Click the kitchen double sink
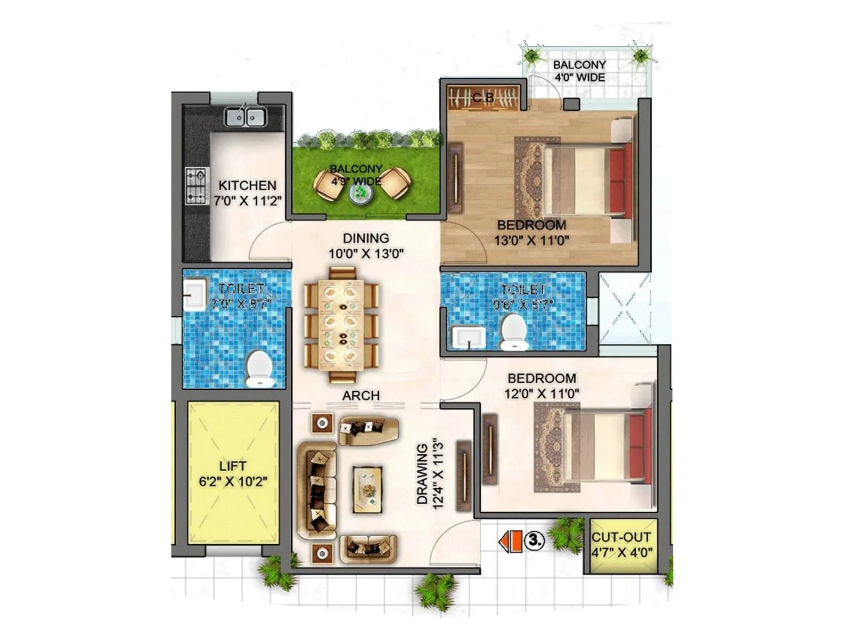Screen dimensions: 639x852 (245, 117)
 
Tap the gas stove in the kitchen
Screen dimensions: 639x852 (195, 185)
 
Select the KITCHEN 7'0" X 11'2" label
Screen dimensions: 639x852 (247, 193)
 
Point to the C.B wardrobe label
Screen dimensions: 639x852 (483, 98)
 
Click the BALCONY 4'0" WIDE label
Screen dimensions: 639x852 (579, 71)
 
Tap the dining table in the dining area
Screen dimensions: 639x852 (341, 324)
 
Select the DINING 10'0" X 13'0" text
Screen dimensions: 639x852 (366, 245)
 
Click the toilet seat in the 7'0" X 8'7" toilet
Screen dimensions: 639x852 (259, 367)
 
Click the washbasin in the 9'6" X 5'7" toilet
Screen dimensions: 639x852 (469, 337)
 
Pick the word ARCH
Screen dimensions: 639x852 (361, 396)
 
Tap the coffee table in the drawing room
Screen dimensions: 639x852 (367, 489)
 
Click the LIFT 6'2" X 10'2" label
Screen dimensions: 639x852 (233, 473)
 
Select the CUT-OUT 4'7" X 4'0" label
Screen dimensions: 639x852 (621, 544)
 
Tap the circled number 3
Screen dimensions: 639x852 (535, 540)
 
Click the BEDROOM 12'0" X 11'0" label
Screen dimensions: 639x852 (542, 386)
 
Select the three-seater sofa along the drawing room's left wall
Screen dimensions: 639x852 (317, 490)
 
